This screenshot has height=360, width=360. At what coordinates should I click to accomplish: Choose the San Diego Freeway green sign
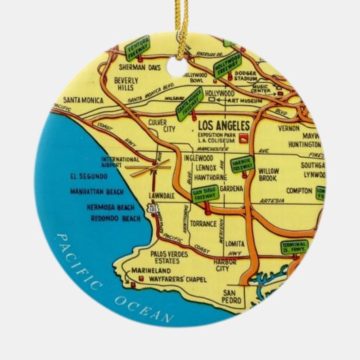tap(204, 194)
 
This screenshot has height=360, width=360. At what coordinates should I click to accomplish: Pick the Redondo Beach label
tap(112, 218)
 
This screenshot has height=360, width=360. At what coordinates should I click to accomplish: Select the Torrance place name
tap(203, 223)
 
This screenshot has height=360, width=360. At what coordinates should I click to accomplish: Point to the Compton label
tap(299, 191)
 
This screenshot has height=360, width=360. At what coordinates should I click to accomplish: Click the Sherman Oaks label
tap(139, 68)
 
